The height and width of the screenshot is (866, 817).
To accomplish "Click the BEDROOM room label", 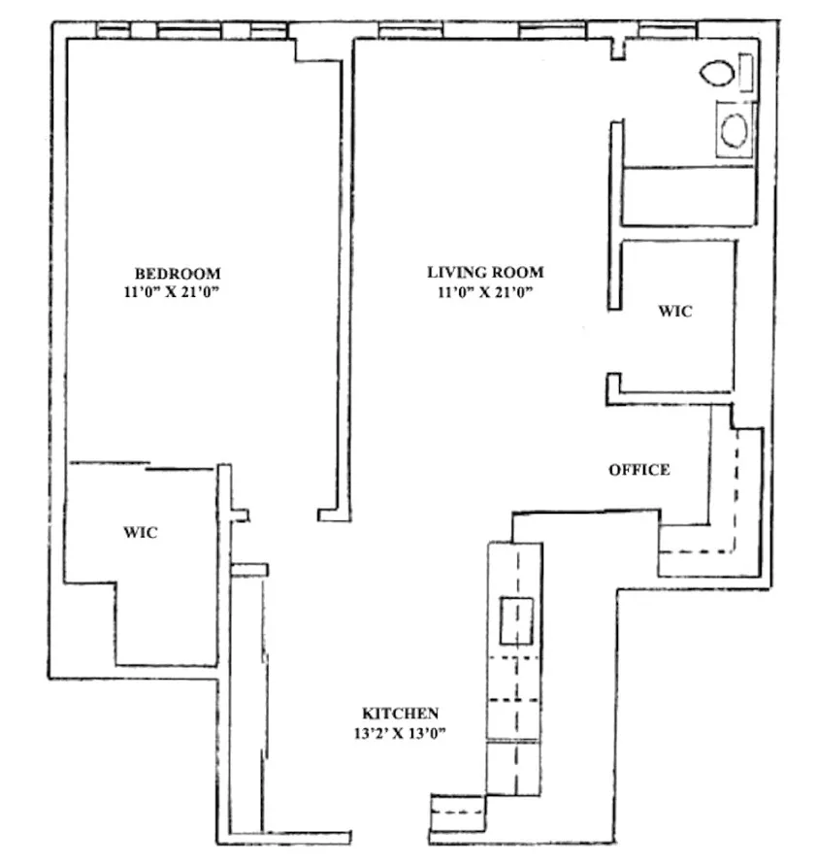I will [x=178, y=273].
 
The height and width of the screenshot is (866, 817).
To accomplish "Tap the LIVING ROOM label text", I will [x=485, y=273].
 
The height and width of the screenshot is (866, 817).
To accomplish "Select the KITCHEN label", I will [x=401, y=713].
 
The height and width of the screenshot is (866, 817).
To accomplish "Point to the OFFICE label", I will [x=638, y=470].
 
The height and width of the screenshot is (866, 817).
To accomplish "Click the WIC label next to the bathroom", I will [x=674, y=312].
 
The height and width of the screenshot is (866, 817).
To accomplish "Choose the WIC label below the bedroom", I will [x=140, y=533].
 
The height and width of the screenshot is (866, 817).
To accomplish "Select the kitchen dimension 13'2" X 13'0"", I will [x=401, y=733].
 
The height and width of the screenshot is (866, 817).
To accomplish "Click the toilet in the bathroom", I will [x=719, y=74].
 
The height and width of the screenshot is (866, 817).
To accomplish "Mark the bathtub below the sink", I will [x=687, y=195].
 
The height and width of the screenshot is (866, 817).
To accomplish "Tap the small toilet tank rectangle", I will [x=746, y=73].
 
